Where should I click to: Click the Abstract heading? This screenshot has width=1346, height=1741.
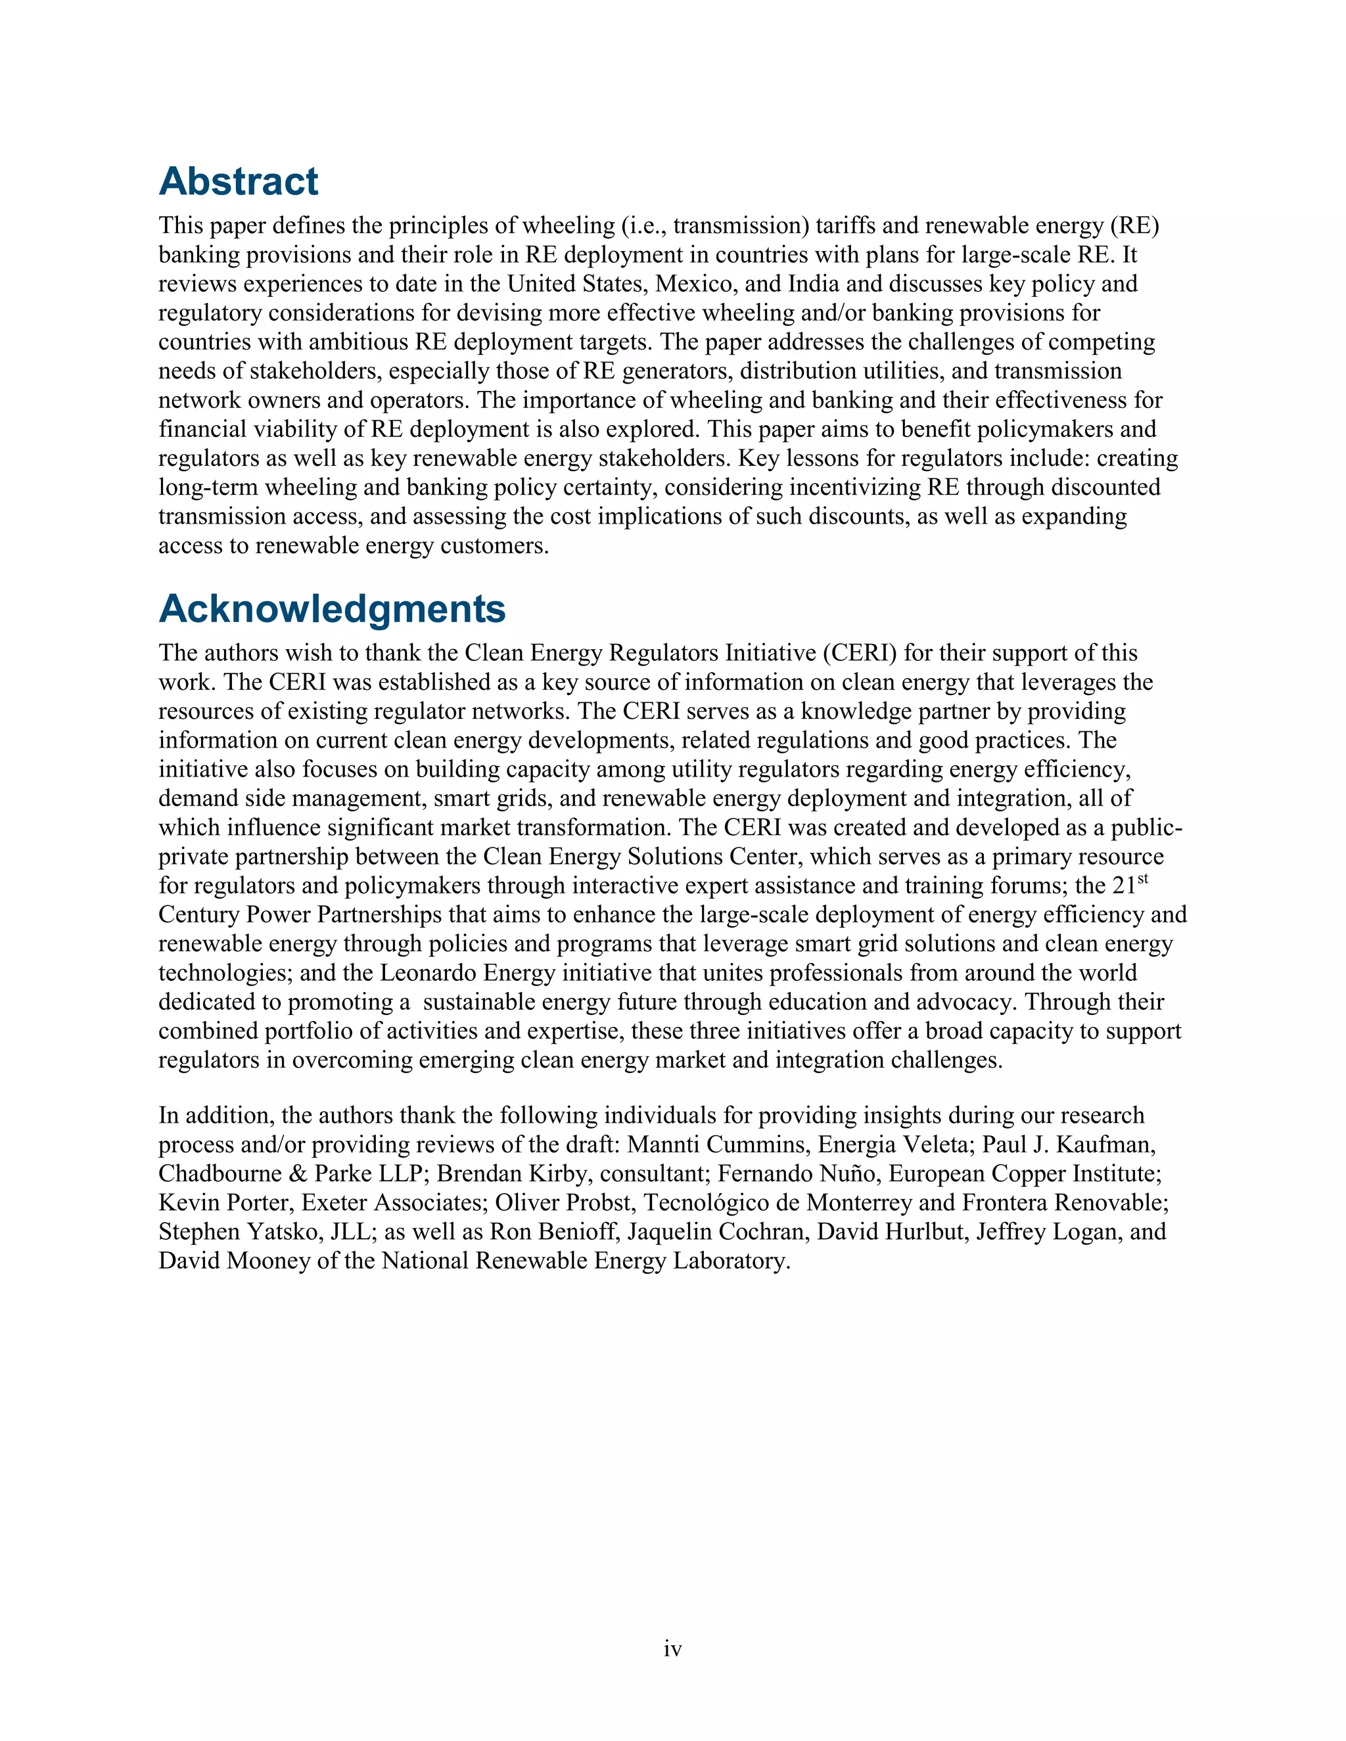[239, 182]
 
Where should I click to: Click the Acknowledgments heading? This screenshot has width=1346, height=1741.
[332, 609]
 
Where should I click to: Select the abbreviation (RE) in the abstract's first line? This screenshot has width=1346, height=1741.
[1134, 225]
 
